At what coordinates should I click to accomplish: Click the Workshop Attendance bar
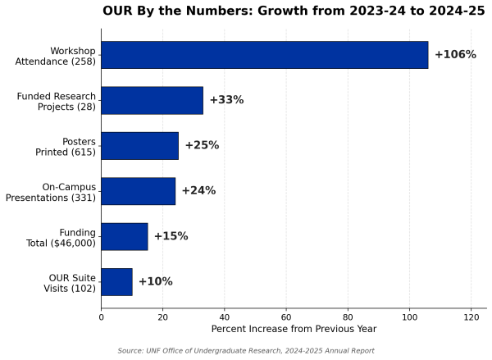265,55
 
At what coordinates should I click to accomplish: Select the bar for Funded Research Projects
153,100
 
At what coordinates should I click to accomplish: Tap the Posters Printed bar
140,146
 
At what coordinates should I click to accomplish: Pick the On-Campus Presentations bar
139,191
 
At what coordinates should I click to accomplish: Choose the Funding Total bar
125,237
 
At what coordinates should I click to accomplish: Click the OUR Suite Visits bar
116,282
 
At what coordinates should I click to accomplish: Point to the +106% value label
455,55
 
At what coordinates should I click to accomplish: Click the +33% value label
226,100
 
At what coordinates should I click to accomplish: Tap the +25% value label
202,145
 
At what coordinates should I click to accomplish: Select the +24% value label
199,190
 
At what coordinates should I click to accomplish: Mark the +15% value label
171,236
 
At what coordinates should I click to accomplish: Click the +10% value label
156,281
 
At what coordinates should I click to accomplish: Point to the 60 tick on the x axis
286,317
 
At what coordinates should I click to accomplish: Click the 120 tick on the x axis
471,317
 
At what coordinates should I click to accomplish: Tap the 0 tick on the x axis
101,317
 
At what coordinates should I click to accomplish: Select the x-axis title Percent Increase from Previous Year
294,329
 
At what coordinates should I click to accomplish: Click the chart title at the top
294,11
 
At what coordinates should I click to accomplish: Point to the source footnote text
246,351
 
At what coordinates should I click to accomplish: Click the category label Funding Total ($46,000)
61,238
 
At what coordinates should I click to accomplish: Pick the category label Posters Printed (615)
66,147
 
